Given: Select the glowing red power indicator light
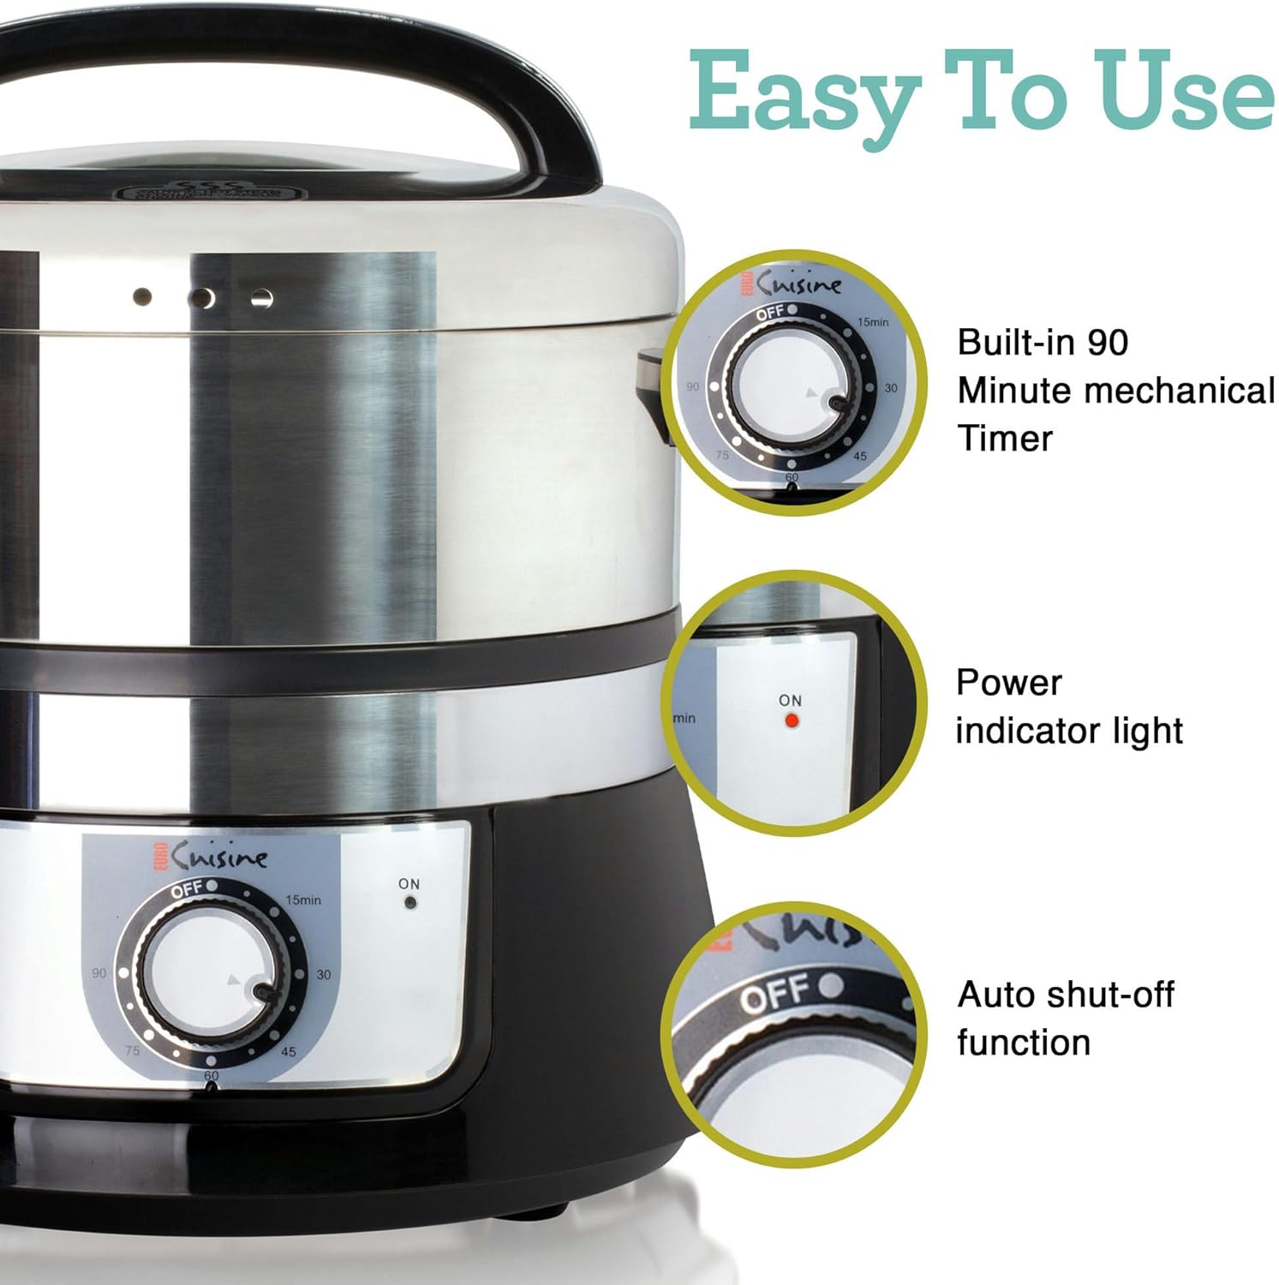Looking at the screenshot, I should [x=792, y=721].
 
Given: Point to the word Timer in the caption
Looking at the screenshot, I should [x=1005, y=439].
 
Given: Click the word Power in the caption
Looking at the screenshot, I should [x=1008, y=683].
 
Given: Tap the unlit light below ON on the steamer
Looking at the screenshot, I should [x=410, y=902].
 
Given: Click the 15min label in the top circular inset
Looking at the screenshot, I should [x=873, y=323].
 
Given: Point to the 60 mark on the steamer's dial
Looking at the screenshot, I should [x=212, y=1075].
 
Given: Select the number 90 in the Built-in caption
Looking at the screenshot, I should [x=1108, y=343].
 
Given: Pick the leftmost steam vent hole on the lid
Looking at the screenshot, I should [x=142, y=297].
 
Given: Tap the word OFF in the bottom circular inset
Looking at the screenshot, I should [x=774, y=995].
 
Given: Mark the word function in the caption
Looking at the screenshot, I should [x=1024, y=1043].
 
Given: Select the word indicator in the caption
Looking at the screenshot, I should [x=1028, y=732].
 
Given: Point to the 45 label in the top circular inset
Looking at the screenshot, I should [x=860, y=456].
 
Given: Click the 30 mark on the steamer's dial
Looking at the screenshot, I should [x=324, y=975].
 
